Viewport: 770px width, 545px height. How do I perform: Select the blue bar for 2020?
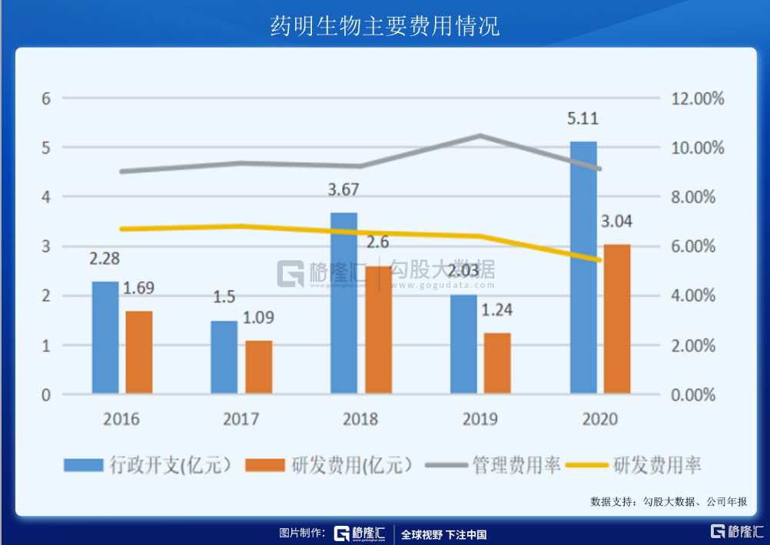pos(583,268)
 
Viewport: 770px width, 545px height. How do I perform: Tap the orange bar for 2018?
pos(378,330)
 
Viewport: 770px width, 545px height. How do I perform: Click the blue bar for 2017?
pos(224,358)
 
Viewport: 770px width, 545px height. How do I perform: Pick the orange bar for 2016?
pos(139,352)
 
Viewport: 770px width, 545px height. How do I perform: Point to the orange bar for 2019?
pos(498,364)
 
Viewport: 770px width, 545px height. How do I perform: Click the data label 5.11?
pos(583,119)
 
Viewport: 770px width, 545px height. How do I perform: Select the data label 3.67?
pos(344,190)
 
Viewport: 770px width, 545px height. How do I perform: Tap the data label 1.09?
pos(258,318)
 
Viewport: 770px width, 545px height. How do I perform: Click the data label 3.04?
pos(618,222)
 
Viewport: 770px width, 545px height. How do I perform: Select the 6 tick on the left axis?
pos(46,98)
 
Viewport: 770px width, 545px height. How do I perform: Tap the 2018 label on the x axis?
pos(361,419)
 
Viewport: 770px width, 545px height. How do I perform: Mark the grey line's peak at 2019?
pos(480,135)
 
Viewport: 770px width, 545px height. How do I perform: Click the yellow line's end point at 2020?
pos(599,260)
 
